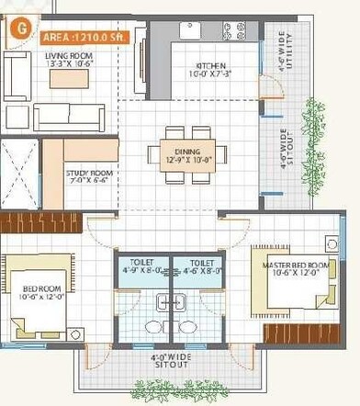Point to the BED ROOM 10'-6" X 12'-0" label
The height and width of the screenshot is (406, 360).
coord(39,291)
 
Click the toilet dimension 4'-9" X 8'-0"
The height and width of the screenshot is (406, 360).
coord(141,267)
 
